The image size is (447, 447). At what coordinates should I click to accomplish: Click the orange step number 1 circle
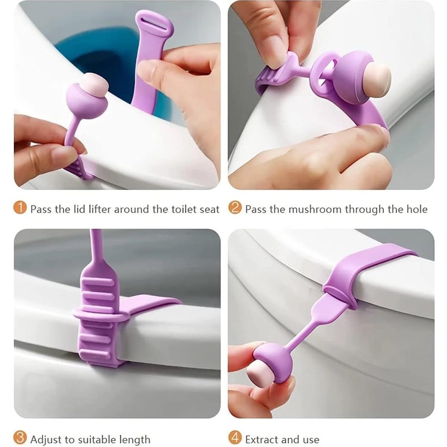20,209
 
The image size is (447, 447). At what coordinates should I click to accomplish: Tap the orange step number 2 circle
235,209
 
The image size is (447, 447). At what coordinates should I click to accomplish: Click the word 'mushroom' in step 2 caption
315,210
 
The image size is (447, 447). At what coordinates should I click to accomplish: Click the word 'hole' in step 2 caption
417,210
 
